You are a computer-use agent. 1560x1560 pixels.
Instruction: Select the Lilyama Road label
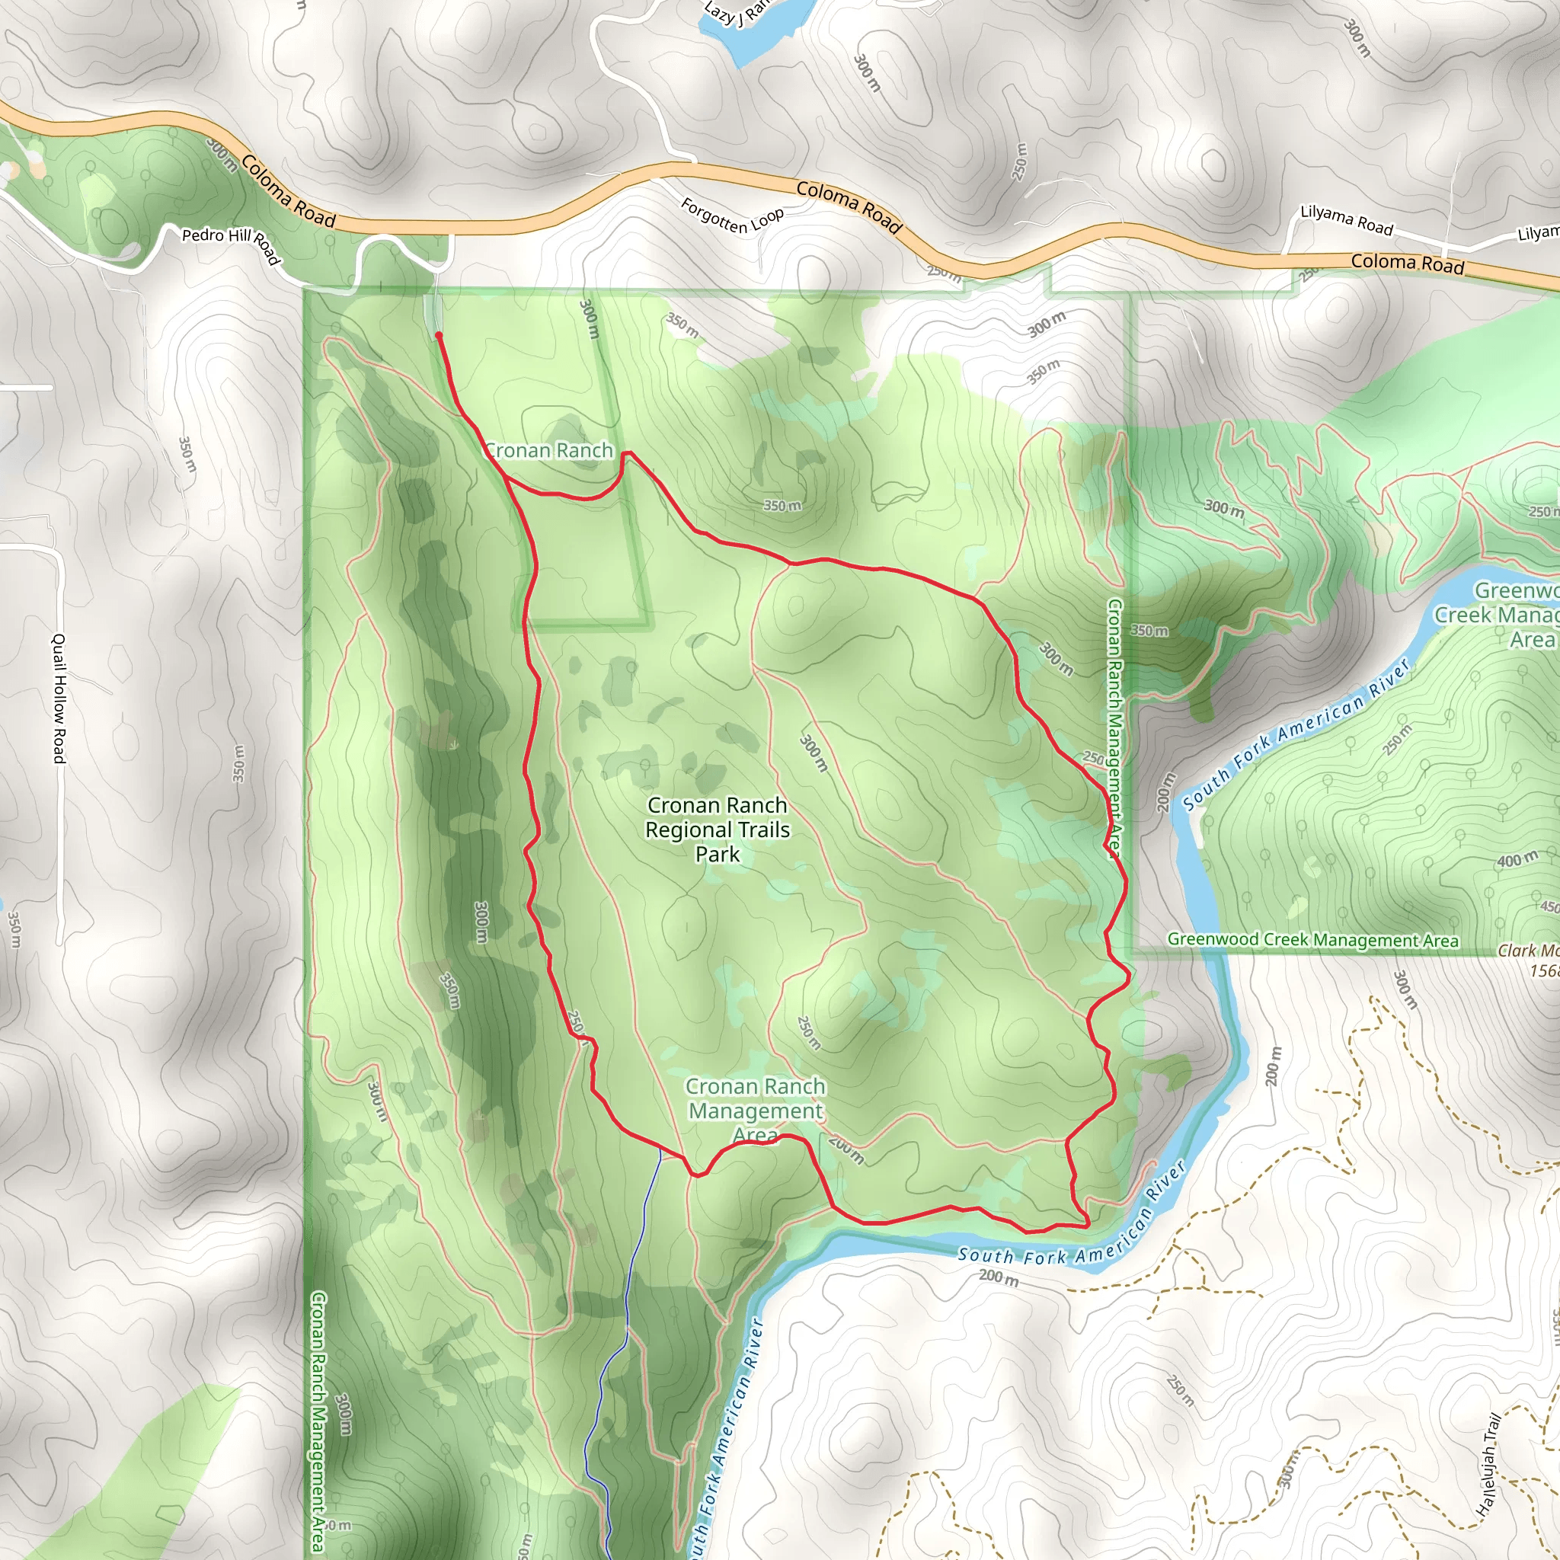pyautogui.click(x=1346, y=220)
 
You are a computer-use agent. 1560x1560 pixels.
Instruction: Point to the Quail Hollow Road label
pyautogui.click(x=59, y=698)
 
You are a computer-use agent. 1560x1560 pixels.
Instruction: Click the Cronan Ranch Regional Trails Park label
pyautogui.click(x=717, y=830)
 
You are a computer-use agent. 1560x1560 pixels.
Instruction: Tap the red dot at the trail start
pyautogui.click(x=439, y=334)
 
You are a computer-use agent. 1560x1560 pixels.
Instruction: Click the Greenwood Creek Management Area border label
pyautogui.click(x=1313, y=940)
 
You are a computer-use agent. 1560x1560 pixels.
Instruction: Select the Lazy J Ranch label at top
pyautogui.click(x=735, y=12)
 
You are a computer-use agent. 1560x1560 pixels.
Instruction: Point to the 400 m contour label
pyautogui.click(x=1517, y=860)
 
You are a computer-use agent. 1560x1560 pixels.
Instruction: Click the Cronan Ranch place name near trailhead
pyautogui.click(x=549, y=451)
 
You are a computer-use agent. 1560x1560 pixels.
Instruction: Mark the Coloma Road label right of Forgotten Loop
pyautogui.click(x=849, y=206)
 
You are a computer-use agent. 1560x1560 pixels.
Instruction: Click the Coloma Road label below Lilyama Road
pyautogui.click(x=1408, y=263)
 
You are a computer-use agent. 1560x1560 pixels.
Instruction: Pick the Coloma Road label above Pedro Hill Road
pyautogui.click(x=287, y=191)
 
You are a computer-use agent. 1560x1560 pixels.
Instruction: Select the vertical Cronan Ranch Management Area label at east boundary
pyautogui.click(x=1114, y=727)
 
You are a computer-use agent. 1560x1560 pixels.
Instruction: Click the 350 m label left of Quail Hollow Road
pyautogui.click(x=14, y=929)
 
